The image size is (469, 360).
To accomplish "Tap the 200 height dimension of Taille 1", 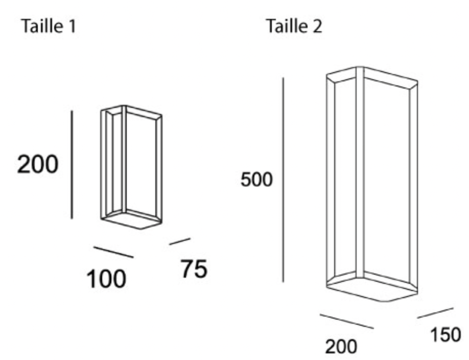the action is [x=38, y=164].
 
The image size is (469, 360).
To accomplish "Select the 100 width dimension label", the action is [x=106, y=279].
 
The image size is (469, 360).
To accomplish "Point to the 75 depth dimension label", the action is [x=194, y=268].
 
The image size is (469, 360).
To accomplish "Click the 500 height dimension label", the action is [x=256, y=179].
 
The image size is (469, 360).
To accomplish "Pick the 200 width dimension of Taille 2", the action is [x=341, y=347].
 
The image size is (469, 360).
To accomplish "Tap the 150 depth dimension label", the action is [x=445, y=334].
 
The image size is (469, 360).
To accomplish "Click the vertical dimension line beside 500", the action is [x=283, y=179].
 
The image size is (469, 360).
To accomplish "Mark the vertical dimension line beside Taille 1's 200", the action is [x=72, y=165].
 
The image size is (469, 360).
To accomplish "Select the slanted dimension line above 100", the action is [x=113, y=252].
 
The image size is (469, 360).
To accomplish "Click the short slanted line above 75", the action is [x=180, y=241].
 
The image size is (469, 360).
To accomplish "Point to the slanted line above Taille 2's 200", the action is [x=347, y=321].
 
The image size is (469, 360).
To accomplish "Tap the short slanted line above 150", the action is [x=435, y=313].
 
